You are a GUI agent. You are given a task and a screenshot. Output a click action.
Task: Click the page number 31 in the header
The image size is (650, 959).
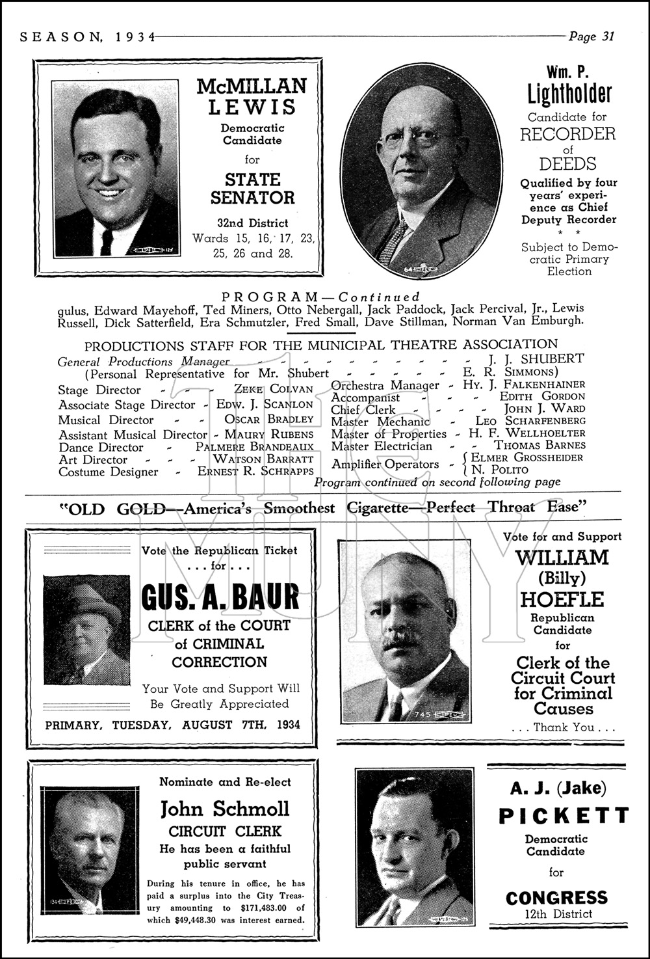pyautogui.click(x=607, y=36)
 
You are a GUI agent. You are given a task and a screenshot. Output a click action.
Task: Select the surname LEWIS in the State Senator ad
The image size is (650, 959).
pyautogui.click(x=252, y=107)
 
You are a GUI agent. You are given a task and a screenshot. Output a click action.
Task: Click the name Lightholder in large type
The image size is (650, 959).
pyautogui.click(x=569, y=94)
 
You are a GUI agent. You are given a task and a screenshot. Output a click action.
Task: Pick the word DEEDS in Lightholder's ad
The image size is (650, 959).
pyautogui.click(x=568, y=163)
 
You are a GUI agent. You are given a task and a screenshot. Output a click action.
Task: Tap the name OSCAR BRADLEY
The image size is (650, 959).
pyautogui.click(x=269, y=420)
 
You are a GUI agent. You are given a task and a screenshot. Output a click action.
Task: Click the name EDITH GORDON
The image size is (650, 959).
pyautogui.click(x=542, y=396)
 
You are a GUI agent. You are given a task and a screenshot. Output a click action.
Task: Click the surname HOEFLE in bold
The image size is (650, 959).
pyautogui.click(x=562, y=599)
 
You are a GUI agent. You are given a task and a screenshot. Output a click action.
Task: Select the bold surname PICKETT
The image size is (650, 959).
pyautogui.click(x=564, y=816)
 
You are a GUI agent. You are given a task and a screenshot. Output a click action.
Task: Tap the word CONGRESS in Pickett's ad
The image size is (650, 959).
pyautogui.click(x=556, y=898)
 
